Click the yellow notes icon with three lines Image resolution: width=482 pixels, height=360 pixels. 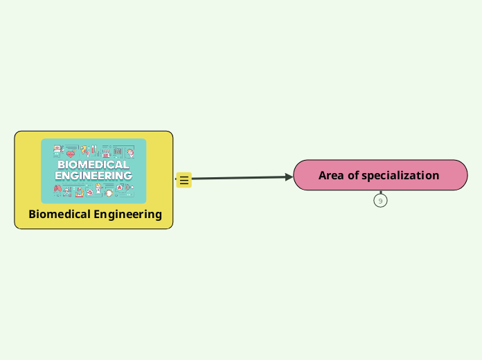[x=184, y=180]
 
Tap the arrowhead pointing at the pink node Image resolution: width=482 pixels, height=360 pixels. [x=289, y=177]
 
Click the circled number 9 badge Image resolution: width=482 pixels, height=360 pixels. [x=380, y=201]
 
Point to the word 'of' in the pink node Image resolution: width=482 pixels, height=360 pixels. [x=353, y=175]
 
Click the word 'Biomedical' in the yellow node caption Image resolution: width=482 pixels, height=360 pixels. [x=60, y=214]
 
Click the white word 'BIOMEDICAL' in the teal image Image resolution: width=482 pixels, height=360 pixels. [x=93, y=165]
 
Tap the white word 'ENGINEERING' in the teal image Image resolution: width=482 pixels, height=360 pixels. [x=93, y=175]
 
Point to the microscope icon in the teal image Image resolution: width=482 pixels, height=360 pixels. [x=79, y=191]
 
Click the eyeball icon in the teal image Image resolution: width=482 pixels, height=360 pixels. [x=109, y=192]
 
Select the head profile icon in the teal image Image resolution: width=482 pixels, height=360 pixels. [x=130, y=152]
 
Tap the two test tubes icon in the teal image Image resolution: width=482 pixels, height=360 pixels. [x=94, y=150]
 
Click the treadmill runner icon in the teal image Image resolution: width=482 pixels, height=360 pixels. [x=68, y=190]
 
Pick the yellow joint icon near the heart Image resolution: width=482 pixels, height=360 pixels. [x=84, y=150]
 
